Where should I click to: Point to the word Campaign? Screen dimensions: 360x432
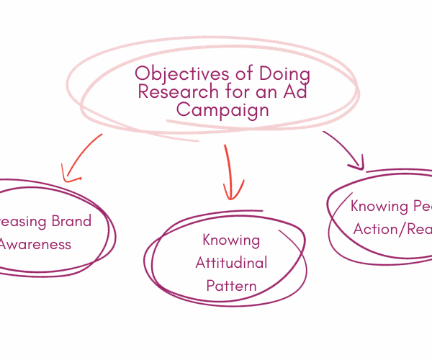[223, 110]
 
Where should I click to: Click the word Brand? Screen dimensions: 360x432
[71, 221]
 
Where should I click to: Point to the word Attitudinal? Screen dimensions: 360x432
[231, 263]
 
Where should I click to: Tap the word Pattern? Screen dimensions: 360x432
[231, 286]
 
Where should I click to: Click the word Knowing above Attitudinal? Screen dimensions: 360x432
[231, 240]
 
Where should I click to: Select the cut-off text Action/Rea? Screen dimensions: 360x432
[393, 229]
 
